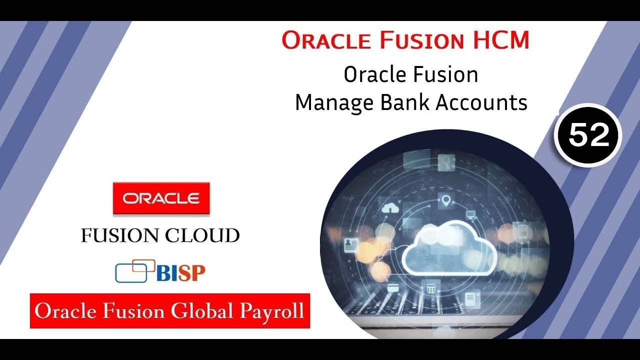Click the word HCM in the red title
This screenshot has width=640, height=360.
pyautogui.click(x=502, y=40)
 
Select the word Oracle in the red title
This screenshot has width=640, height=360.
pyautogui.click(x=325, y=40)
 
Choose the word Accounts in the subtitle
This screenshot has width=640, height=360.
pyautogui.click(x=482, y=102)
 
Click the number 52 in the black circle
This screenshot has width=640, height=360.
pyautogui.click(x=588, y=135)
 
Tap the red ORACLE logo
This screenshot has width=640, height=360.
pyautogui.click(x=161, y=198)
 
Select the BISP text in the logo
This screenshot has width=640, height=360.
pyautogui.click(x=180, y=273)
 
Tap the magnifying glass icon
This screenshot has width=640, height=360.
pyautogui.click(x=445, y=161)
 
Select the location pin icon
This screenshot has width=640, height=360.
pyautogui.click(x=446, y=201)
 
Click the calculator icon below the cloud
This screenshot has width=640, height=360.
pyautogui.click(x=429, y=289)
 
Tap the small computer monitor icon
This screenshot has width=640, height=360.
pyautogui.click(x=470, y=215)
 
